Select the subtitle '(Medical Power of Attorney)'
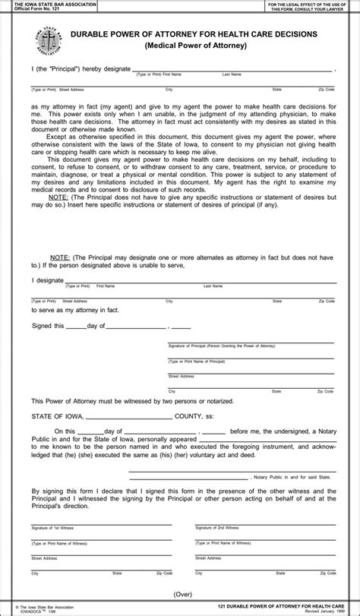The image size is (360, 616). tap(203, 46)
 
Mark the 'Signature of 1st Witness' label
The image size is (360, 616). tap(58, 527)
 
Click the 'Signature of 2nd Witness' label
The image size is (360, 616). tap(219, 527)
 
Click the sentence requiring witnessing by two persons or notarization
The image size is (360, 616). tap(128, 400)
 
